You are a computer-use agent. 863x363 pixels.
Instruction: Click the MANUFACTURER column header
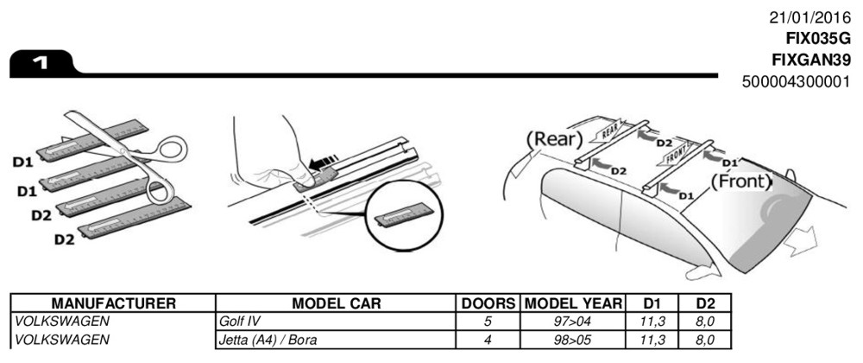click(114, 304)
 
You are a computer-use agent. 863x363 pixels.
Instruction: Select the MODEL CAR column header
click(337, 304)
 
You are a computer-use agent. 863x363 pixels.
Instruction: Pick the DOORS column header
click(488, 304)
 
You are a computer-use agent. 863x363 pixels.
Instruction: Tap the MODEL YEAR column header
click(573, 304)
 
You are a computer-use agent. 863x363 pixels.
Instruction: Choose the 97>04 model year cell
click(573, 322)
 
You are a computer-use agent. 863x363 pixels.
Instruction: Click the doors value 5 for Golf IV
click(488, 322)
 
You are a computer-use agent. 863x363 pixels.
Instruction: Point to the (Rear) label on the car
click(553, 139)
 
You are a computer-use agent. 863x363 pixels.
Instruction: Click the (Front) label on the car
click(740, 182)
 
